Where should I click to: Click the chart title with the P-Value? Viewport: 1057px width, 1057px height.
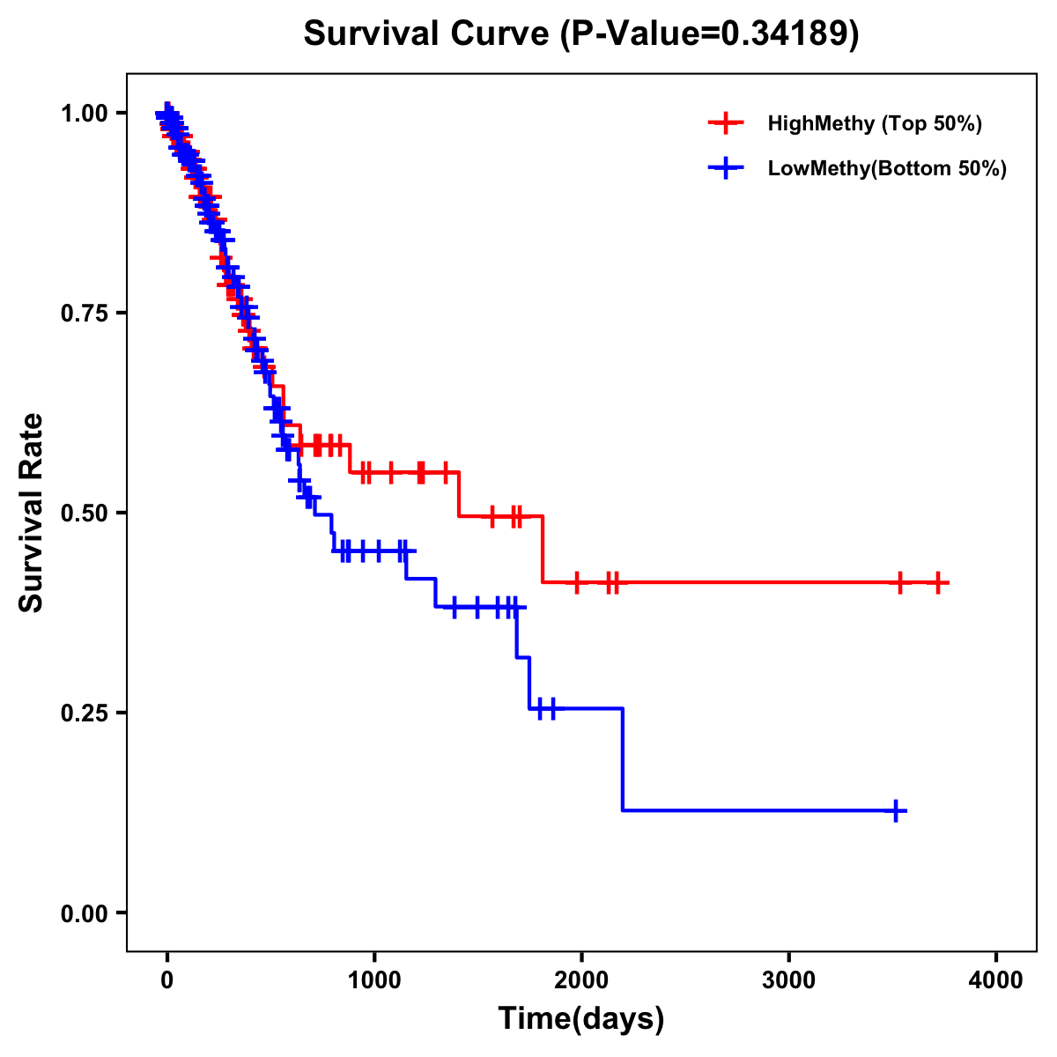coord(580,34)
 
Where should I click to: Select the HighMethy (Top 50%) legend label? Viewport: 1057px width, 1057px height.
coord(874,123)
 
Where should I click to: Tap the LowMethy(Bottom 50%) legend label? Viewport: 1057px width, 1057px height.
coord(886,168)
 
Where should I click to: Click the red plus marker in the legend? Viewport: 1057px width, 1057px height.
coord(726,123)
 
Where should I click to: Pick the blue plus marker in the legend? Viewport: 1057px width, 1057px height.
coord(726,168)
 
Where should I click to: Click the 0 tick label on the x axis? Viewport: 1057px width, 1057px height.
coord(166,979)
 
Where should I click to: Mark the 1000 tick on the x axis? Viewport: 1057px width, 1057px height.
coord(374,979)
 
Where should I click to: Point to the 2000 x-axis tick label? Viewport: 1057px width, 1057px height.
coord(581,979)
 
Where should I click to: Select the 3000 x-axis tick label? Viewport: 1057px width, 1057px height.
coord(788,979)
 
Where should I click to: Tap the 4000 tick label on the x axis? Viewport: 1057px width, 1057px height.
coord(996,979)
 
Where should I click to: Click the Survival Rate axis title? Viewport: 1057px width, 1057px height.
coord(33,512)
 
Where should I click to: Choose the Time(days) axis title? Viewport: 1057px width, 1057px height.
coord(581,1018)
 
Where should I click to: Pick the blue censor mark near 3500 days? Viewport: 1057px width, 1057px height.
coord(895,810)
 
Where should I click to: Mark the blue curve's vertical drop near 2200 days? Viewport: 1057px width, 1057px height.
coord(623,759)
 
